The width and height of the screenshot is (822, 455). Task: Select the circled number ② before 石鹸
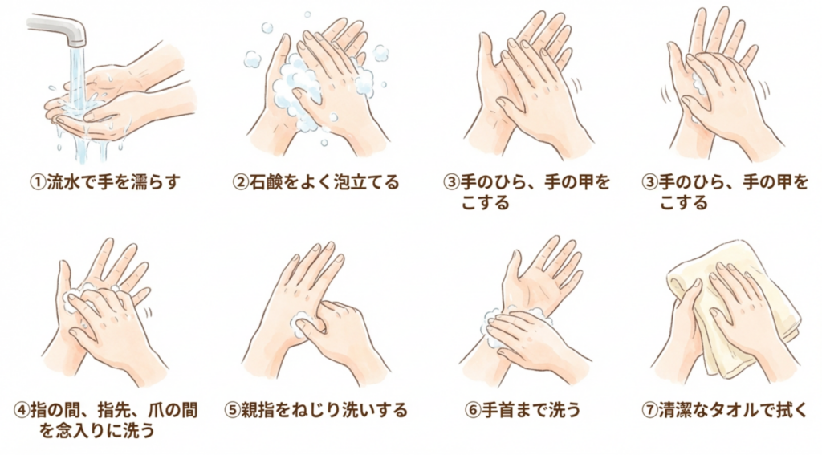[x=240, y=182]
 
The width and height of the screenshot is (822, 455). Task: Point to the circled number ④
[x=22, y=410]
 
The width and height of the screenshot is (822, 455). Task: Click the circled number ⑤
[x=232, y=410]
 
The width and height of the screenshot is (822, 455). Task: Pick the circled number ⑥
[x=474, y=410]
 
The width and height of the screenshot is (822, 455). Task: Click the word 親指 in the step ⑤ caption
[x=258, y=410]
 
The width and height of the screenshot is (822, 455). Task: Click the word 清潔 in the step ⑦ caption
[x=676, y=410]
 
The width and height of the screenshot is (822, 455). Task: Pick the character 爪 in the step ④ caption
[x=140, y=410]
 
